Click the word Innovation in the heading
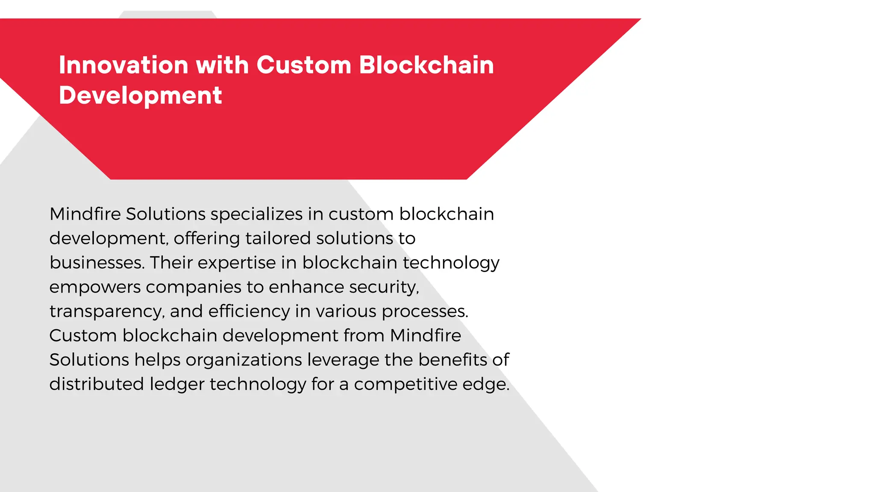[123, 65]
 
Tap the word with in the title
[222, 65]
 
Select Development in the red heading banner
[140, 95]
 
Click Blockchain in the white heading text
[426, 65]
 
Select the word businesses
[97, 263]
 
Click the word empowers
[95, 287]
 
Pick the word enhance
[306, 287]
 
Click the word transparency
[106, 312]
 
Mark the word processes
[425, 312]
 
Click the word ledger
[177, 384]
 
